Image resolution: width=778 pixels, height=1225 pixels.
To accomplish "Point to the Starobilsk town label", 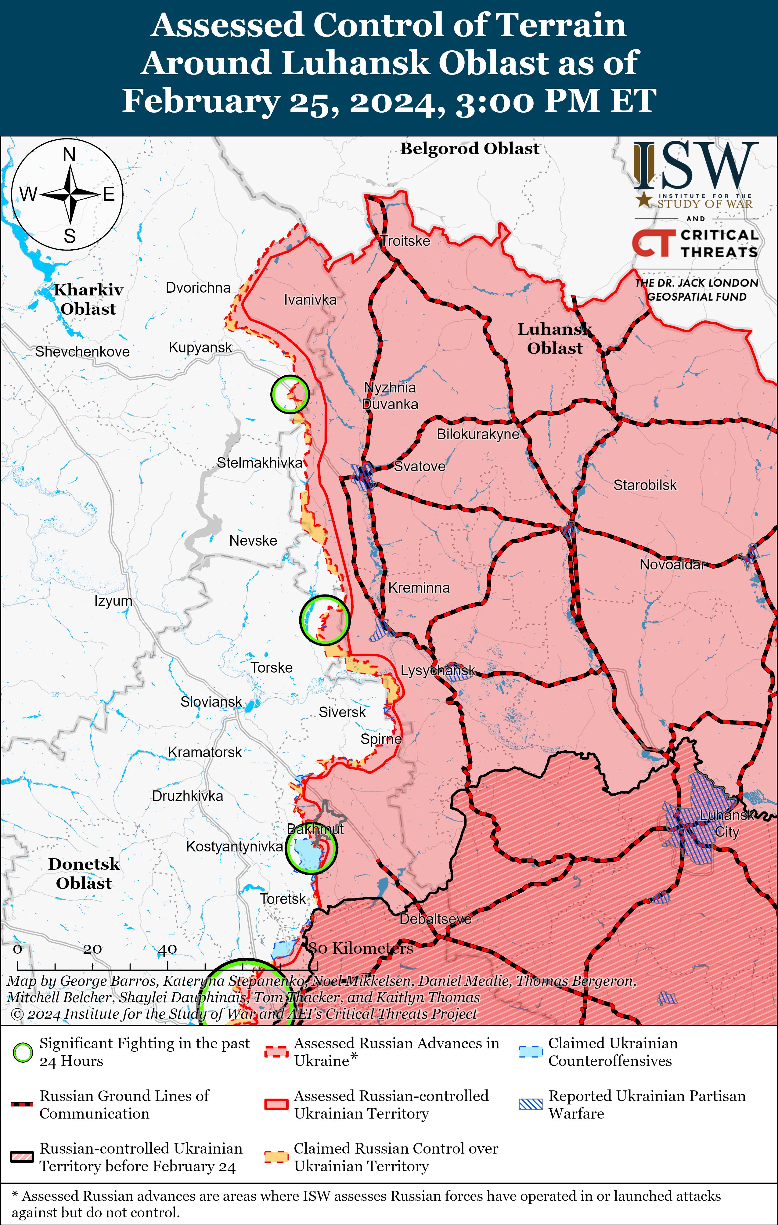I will [645, 485].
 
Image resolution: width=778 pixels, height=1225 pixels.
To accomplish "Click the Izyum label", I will [113, 601].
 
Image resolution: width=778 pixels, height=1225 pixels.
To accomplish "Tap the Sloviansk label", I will [211, 702].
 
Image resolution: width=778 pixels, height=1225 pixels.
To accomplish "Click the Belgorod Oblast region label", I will [469, 149].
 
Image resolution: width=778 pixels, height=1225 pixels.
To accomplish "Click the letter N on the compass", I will [69, 154].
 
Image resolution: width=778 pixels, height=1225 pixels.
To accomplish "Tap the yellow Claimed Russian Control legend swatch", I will [276, 1157].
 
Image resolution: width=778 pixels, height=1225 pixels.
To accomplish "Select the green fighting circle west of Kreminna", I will [324, 620].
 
